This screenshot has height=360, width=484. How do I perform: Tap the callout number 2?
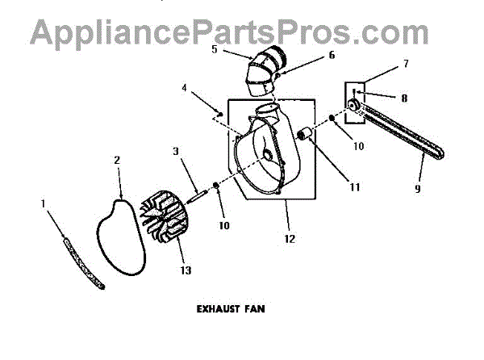(117, 161)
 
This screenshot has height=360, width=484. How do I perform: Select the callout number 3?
(176, 151)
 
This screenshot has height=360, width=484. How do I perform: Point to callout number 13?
(186, 270)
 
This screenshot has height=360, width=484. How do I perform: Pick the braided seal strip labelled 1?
(81, 262)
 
